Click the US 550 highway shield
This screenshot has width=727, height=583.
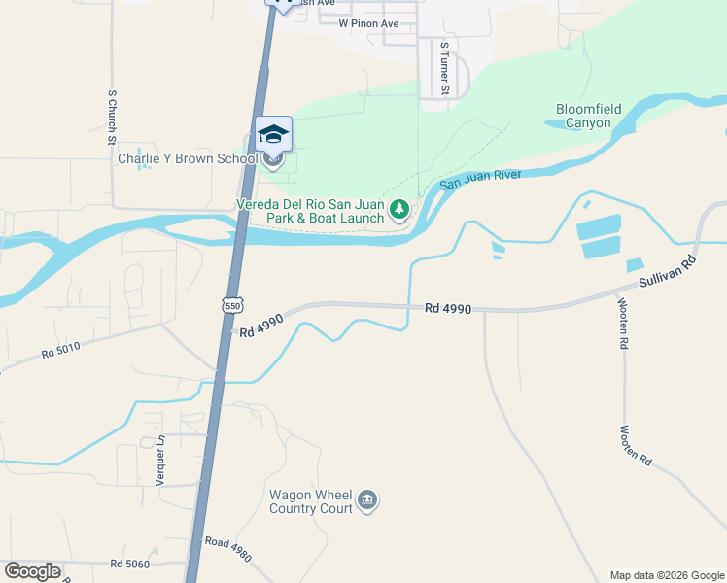[x=231, y=304]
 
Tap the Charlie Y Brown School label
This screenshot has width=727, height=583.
[x=187, y=159]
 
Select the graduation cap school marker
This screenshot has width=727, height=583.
[x=273, y=133]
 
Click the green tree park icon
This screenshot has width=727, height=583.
[x=398, y=209]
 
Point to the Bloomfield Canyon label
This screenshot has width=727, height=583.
[x=583, y=116]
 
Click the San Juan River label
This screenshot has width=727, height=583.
[x=480, y=180]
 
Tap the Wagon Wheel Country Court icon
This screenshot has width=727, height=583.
[x=366, y=500]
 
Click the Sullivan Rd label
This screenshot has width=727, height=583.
[x=669, y=271]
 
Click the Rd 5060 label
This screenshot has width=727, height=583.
[x=129, y=564]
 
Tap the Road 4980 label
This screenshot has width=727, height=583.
[x=227, y=550]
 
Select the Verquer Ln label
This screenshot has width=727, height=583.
[x=161, y=461]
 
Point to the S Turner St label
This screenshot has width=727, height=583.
[x=444, y=68]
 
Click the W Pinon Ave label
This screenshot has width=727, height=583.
[x=368, y=22]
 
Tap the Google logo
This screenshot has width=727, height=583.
[x=32, y=571]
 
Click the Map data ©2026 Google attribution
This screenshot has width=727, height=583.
[x=667, y=575]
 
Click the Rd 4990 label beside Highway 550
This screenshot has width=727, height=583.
[x=261, y=326]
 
